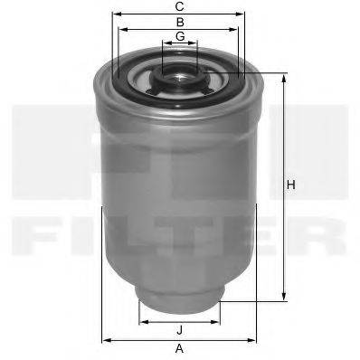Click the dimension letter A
(x=179, y=348)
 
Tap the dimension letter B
(x=180, y=21)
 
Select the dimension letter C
(x=180, y=6)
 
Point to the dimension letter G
(x=180, y=35)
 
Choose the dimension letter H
(x=290, y=185)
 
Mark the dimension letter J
(x=180, y=328)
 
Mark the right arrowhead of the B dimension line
(x=238, y=28)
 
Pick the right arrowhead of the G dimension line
(x=196, y=43)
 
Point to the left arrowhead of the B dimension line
(x=122, y=28)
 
